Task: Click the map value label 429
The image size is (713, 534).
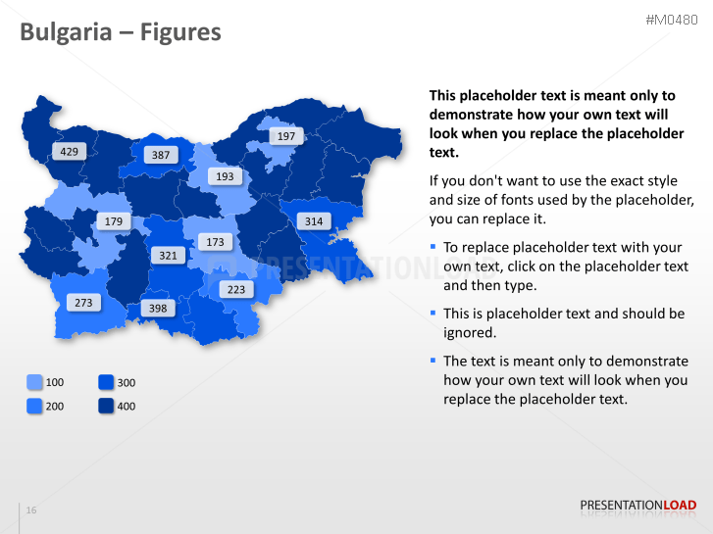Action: point(69,152)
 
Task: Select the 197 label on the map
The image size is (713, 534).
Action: point(285,136)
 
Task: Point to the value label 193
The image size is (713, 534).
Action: point(225,176)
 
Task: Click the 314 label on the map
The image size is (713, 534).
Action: point(313,221)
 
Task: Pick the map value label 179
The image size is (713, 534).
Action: point(114,221)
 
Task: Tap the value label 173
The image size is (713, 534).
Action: point(215,241)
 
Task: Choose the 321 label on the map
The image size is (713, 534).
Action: point(168,255)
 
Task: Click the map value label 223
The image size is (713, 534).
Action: point(236,289)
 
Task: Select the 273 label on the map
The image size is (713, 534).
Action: point(83,303)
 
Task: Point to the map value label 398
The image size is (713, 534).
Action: point(156,309)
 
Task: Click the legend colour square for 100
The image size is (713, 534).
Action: point(34,382)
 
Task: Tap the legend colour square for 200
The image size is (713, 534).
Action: point(34,406)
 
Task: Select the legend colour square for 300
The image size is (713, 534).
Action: point(106,382)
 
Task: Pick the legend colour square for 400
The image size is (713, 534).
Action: point(106,406)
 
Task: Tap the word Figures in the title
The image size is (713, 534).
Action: point(180,33)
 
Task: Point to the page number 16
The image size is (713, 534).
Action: point(31,510)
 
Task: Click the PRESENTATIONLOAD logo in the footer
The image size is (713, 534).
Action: point(637,506)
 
